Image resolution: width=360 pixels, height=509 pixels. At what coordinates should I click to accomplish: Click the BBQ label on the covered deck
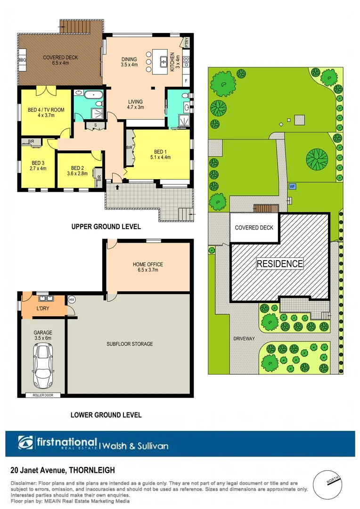[22, 60]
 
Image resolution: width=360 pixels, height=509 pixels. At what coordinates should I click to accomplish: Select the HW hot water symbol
[72, 300]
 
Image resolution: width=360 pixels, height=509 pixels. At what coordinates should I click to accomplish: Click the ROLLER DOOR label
[42, 395]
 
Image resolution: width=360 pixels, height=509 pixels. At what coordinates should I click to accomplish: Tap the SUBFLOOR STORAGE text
[130, 344]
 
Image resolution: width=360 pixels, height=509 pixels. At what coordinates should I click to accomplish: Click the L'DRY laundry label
[43, 309]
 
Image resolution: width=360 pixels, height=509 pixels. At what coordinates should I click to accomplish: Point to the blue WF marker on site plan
[292, 186]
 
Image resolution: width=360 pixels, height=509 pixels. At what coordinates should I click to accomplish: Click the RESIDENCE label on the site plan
[279, 264]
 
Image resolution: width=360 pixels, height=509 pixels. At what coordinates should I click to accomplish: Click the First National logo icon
[26, 443]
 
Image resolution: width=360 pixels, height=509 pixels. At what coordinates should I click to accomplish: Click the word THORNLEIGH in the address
[93, 470]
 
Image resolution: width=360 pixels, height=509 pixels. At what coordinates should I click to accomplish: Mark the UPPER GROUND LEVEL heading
[106, 227]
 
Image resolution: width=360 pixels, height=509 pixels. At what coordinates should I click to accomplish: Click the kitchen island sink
[164, 61]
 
